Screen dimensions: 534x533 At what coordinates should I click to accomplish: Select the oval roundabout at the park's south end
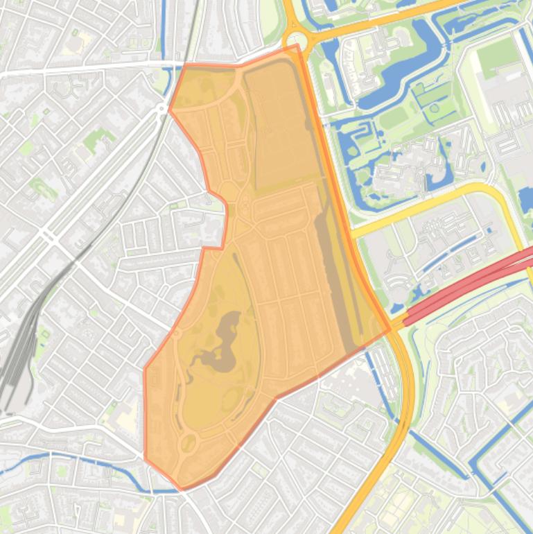pos(187,442)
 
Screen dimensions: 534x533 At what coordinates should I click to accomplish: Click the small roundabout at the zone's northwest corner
pos(162,109)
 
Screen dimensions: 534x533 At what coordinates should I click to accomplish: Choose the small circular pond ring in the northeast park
pos(435,108)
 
